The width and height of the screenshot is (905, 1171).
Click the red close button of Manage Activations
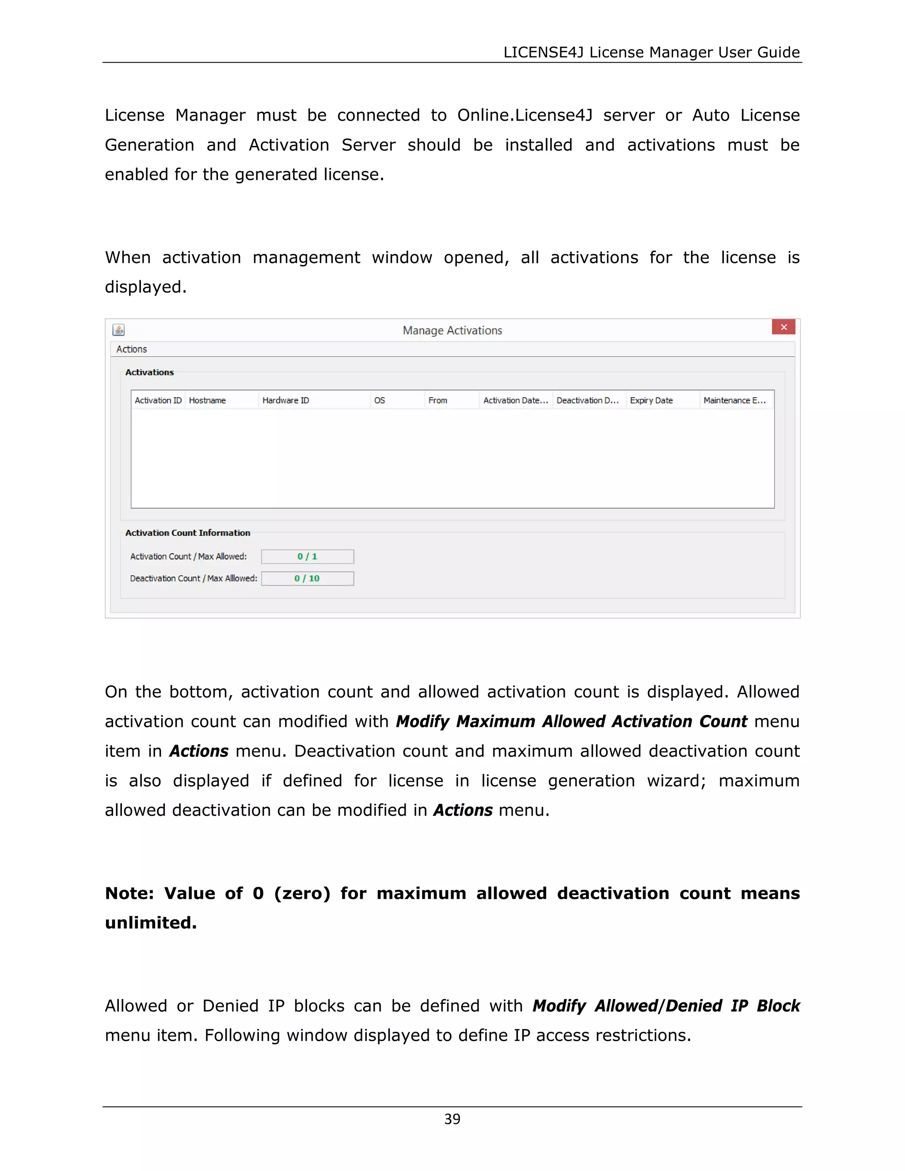coord(783,327)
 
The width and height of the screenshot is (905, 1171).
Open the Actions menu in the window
coord(131,349)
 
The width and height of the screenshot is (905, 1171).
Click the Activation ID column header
coord(158,400)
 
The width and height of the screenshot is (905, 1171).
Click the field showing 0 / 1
coord(307,556)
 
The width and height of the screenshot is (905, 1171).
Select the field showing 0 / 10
coord(307,578)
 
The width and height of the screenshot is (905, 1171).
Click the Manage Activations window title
coord(452,330)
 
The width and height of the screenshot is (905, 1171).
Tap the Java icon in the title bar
coord(118,330)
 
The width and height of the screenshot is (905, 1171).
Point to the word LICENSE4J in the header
coord(543,52)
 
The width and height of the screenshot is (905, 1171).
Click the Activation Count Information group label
coord(188,533)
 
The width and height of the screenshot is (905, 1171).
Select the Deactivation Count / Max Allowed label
coord(194,578)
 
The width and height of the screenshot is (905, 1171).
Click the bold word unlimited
coord(151,923)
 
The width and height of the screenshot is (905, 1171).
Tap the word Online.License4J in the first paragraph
coord(525,115)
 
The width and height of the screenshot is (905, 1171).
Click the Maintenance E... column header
coord(734,400)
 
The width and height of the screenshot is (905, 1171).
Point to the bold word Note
coord(129,893)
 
